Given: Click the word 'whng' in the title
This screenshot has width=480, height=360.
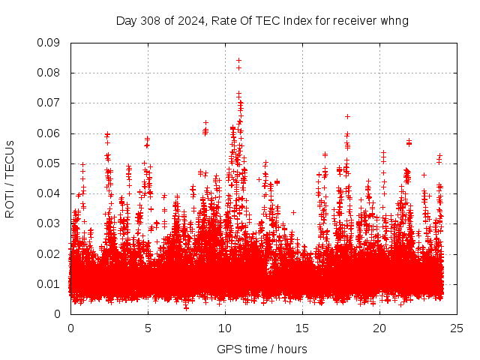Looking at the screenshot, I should point(395,20).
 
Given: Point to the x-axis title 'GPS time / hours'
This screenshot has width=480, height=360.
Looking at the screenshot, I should point(262,349).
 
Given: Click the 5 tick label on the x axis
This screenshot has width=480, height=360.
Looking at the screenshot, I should point(148,328).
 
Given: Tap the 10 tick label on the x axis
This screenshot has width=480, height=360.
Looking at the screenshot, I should point(225,328).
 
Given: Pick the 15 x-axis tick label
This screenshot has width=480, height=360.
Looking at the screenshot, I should point(302,328).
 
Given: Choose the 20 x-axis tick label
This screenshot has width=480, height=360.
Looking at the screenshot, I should point(379,328).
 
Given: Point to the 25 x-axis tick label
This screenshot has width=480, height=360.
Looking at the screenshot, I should point(457,328).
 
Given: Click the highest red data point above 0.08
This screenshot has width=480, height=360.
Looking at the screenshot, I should point(238,60).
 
